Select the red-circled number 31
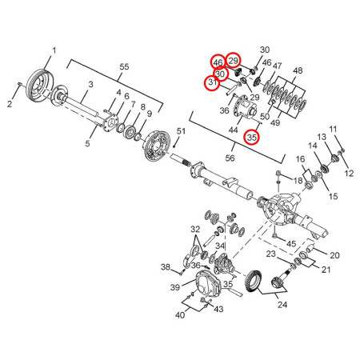212,82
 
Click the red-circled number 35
251,137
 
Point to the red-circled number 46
218,62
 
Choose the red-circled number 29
234,60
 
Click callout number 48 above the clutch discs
298,70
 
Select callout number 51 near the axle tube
182,131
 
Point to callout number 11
334,129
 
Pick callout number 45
291,244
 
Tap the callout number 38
165,266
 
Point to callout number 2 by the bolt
10,104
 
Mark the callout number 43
219,310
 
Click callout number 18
297,182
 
